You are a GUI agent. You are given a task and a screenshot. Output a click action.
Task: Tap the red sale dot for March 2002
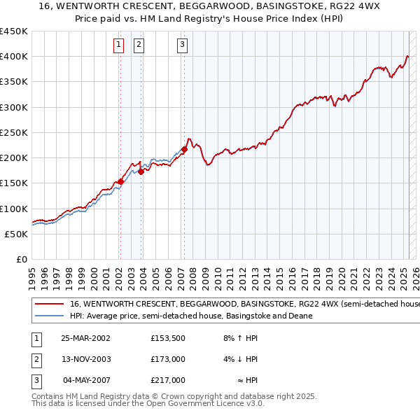click(x=120, y=181)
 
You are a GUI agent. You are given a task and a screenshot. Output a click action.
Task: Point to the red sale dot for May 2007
click(x=184, y=149)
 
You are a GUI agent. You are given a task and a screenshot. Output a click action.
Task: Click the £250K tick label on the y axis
click(x=13, y=132)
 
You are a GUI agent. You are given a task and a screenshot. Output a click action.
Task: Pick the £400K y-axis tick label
click(x=13, y=57)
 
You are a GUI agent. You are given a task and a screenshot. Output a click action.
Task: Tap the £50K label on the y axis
click(x=16, y=234)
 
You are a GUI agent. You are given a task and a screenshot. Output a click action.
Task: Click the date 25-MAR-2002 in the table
click(x=85, y=338)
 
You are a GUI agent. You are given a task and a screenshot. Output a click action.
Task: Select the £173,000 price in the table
click(x=167, y=359)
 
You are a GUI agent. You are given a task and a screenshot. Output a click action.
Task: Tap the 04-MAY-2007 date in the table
click(x=85, y=380)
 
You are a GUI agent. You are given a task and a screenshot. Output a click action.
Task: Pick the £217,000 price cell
click(x=167, y=380)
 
